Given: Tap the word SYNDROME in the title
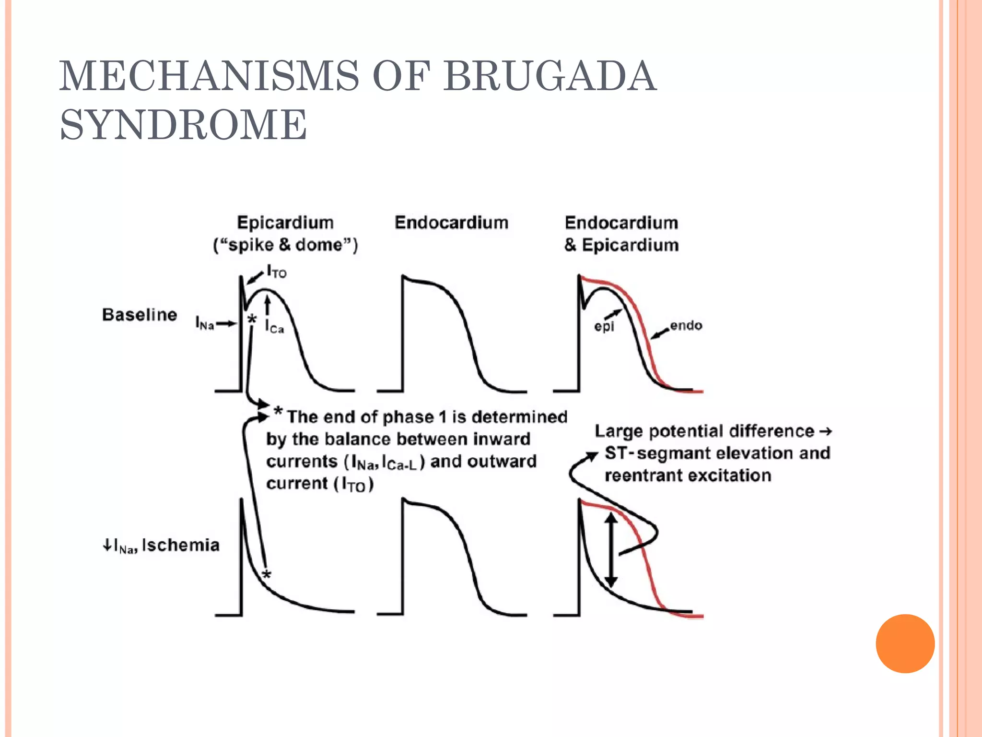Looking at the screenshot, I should [183, 125].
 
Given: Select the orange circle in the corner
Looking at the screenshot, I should [905, 643].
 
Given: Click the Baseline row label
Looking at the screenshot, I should [140, 315].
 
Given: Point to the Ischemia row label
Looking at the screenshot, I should [181, 545].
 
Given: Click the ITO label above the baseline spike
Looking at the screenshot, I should [277, 272].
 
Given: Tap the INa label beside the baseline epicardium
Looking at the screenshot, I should [204, 323].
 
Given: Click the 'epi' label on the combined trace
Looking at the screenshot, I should [604, 327].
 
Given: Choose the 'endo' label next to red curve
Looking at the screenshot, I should [686, 326].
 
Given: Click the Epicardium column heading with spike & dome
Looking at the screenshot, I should [285, 233].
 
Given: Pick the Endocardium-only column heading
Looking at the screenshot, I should [451, 223].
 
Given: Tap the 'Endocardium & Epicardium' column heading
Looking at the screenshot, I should [621, 234].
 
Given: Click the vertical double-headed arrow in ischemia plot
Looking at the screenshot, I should [610, 550].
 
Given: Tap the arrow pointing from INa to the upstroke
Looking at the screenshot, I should [226, 324].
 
